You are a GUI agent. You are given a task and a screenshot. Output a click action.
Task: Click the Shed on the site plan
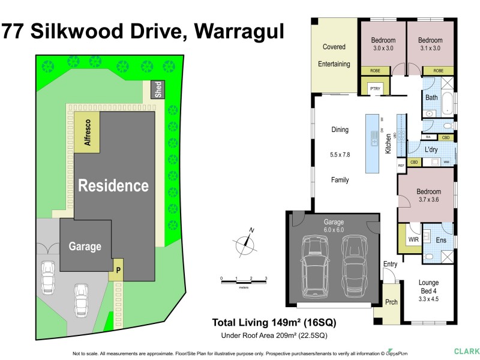coord(157,90)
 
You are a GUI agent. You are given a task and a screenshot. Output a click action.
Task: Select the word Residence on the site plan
coord(113,185)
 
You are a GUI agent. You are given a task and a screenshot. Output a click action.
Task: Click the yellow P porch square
coord(118,270)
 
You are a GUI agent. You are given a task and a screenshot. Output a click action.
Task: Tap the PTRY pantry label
coord(375,89)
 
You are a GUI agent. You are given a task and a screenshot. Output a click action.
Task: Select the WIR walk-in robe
coord(413,239)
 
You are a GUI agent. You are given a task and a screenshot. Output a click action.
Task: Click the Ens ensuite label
coord(441,240)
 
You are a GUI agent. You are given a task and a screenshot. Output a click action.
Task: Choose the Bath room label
coord(432,97)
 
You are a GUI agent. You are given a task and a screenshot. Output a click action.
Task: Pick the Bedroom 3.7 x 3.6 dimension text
coord(428,200)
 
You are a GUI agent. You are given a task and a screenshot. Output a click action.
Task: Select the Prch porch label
coord(391,302)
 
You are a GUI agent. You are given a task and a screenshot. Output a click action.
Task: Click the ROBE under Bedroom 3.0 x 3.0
coord(375,71)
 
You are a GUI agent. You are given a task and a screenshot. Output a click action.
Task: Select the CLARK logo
coord(466,351)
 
